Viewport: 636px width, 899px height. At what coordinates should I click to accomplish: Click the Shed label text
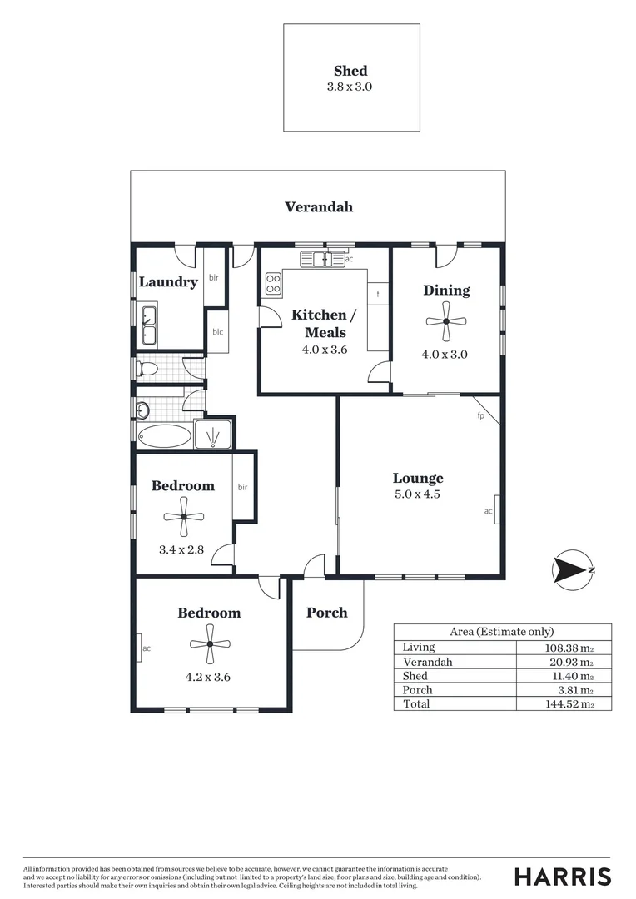350,71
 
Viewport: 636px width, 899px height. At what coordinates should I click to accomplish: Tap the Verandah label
318,206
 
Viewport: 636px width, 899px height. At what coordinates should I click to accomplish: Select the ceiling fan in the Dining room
446,323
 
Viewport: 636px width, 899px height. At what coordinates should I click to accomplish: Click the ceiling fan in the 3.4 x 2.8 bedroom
184,518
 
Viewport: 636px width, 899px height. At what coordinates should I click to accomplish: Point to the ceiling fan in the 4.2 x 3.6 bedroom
209,643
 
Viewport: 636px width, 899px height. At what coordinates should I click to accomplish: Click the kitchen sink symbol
320,260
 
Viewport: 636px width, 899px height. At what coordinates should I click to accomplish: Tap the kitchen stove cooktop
273,284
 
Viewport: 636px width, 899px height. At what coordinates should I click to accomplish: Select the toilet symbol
147,367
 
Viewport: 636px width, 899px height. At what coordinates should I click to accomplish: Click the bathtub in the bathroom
164,435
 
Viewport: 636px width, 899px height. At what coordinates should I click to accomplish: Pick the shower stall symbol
213,434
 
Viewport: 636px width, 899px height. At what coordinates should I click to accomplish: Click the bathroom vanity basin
143,409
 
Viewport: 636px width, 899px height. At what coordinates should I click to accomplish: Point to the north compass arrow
573,570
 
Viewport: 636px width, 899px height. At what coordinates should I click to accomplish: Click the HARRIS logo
562,876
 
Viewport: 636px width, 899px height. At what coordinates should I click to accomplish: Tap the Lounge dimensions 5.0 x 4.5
418,494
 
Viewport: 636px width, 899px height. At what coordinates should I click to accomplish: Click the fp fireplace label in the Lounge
480,415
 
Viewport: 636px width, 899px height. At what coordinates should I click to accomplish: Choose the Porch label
326,613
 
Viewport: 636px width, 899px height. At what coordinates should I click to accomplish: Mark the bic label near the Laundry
218,332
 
